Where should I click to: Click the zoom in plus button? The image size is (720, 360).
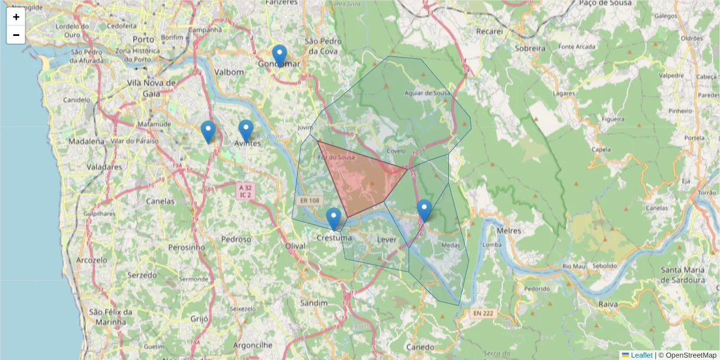click(16, 17)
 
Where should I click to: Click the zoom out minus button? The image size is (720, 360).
click(16, 35)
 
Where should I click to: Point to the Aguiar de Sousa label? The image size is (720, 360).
click(427, 93)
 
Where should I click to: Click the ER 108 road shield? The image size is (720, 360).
click(310, 201)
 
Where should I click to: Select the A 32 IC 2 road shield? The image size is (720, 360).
click(245, 191)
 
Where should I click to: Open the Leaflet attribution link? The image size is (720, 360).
click(641, 355)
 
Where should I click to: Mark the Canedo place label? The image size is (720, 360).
click(419, 347)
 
